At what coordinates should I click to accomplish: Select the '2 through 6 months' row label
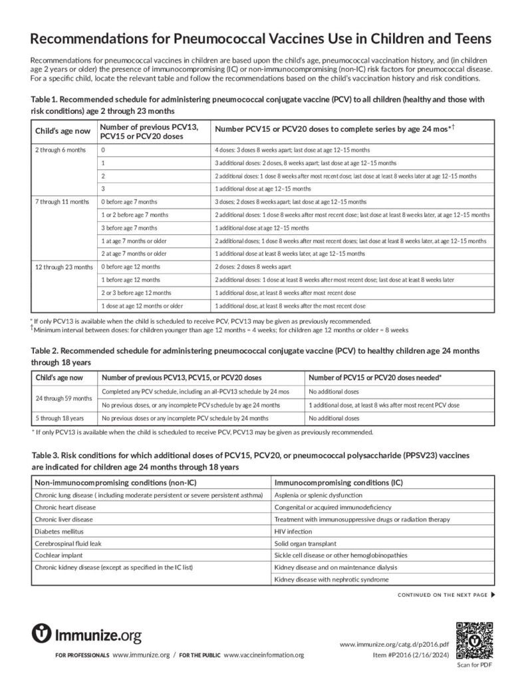61,150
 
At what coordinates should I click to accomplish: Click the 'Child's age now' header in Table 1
63,131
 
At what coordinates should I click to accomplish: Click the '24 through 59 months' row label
64,398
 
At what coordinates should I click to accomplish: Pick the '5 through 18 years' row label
59,418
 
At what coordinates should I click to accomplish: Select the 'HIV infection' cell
293,531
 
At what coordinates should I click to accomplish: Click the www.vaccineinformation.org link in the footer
263,655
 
